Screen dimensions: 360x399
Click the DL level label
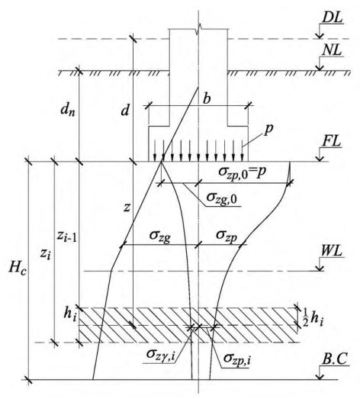click(332, 18)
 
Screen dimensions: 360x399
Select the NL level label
click(332, 50)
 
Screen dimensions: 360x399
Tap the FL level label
click(332, 141)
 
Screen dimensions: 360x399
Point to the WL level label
click(332, 252)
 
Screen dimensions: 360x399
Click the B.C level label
click(335, 360)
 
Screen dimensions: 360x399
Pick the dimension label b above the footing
click(207, 98)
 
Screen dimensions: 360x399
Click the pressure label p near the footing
click(268, 129)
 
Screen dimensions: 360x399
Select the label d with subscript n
click(68, 110)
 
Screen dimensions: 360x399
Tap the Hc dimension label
click(18, 269)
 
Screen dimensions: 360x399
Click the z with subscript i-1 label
click(66, 237)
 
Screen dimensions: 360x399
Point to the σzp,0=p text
click(243, 172)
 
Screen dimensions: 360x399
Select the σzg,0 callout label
click(222, 198)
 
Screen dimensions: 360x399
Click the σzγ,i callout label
click(160, 354)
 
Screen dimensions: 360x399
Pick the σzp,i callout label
click(237, 359)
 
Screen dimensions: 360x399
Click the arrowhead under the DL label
click(320, 36)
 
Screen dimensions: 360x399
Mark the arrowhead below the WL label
click(320, 269)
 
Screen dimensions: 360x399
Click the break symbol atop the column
click(198, 28)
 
